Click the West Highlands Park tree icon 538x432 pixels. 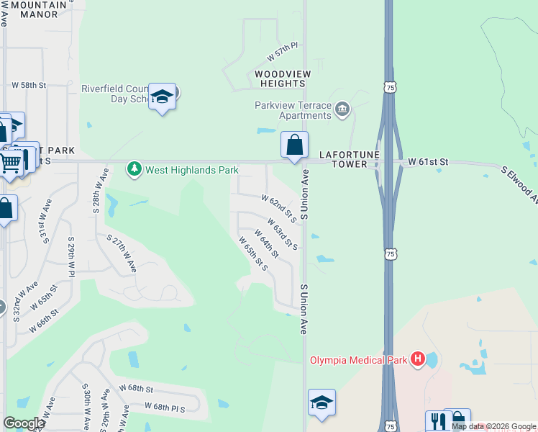tap(134, 169)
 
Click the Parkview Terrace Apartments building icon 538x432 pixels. tap(342, 109)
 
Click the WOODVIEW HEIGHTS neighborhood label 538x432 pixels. tap(282, 79)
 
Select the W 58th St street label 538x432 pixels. tap(29, 85)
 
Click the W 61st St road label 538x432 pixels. tap(428, 163)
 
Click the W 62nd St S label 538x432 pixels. tap(279, 208)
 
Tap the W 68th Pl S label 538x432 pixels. tap(165, 407)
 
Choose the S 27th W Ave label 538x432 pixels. tap(122, 251)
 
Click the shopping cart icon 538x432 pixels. tap(10, 162)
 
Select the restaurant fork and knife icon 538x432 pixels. tap(437, 421)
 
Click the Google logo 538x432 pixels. tap(24, 423)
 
